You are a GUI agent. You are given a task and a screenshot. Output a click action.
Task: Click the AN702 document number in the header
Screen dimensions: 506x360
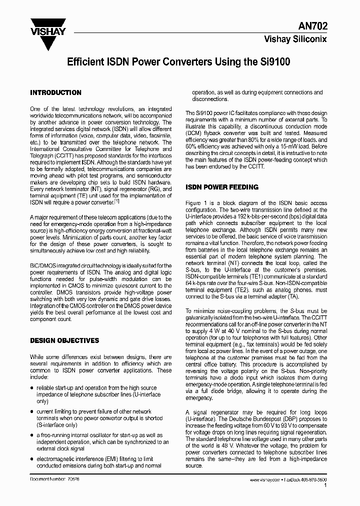pyautogui.click(x=314, y=27)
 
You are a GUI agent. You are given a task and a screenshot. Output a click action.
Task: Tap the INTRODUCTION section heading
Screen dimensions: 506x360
pyautogui.click(x=55, y=92)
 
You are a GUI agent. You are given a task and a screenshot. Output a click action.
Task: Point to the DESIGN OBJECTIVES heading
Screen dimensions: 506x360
pyautogui.click(x=64, y=340)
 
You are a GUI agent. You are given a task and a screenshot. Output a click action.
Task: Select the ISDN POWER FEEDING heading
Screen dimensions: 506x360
pyautogui.click(x=222, y=187)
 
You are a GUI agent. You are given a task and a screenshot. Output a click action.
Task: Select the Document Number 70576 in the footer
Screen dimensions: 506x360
pyautogui.click(x=51, y=479)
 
